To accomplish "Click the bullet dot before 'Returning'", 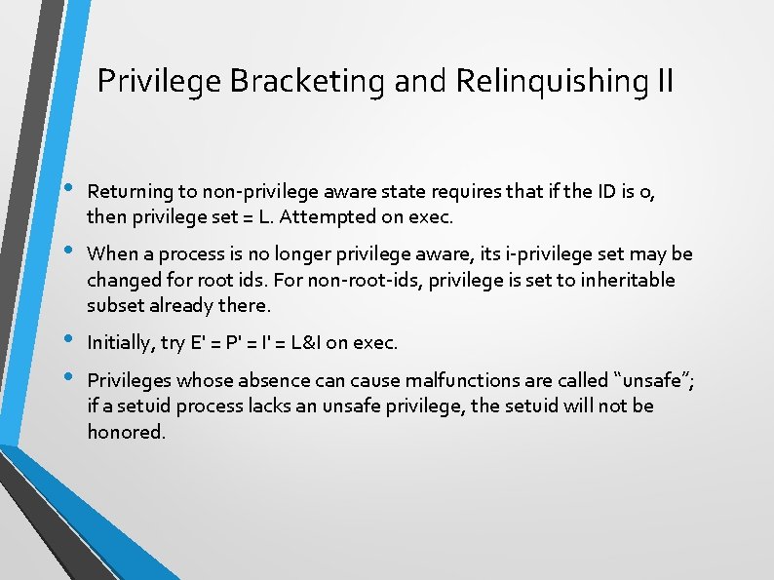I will click(66, 188).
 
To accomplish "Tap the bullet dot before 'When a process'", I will click(66, 251).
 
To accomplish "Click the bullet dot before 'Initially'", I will click(66, 339).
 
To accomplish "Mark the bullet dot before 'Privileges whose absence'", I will click(66, 376).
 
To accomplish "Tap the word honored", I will click(126, 431).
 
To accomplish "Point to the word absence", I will click(276, 380).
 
